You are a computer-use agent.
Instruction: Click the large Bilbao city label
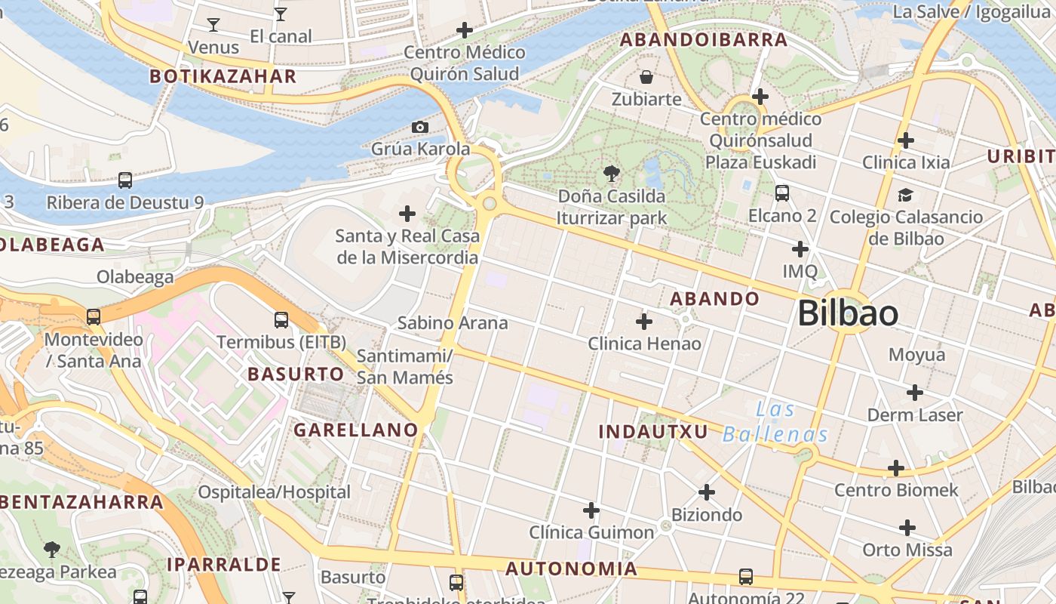(848, 313)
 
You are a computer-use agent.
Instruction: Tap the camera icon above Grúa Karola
(420, 127)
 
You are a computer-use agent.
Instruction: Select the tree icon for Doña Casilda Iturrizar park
(612, 174)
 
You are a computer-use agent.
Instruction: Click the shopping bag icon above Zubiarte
(646, 77)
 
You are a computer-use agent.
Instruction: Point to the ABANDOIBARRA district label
(703, 41)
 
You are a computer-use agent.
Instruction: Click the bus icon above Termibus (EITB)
(281, 320)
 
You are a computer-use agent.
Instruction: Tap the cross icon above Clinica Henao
(644, 322)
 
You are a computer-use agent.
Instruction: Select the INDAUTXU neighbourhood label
(653, 432)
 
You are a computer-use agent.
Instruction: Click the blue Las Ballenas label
(775, 422)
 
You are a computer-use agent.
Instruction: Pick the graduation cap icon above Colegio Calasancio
(905, 196)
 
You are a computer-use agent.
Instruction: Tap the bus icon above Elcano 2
(782, 193)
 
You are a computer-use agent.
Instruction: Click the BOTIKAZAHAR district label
(223, 76)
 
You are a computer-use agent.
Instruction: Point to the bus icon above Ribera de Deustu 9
(125, 180)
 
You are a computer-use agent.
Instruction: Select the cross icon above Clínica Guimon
(591, 510)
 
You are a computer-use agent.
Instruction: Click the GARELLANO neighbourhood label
(355, 430)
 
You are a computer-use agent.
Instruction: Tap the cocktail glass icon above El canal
(281, 14)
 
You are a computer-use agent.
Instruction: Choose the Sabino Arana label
(453, 323)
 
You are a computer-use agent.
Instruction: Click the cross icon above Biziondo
(707, 492)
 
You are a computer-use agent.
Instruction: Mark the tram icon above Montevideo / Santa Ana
(94, 317)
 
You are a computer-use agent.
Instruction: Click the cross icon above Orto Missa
(907, 528)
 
